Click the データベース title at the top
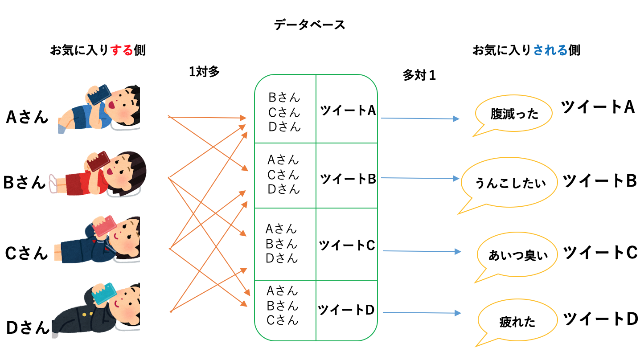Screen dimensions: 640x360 (x=309, y=25)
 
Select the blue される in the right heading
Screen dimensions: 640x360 (x=550, y=50)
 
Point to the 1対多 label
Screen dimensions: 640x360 (x=204, y=71)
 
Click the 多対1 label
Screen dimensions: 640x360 (x=419, y=75)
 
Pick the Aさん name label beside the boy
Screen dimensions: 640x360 (x=27, y=117)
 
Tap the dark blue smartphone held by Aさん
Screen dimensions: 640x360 (x=99, y=94)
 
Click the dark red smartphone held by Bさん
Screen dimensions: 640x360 (x=98, y=161)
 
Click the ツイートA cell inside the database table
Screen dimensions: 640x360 (x=348, y=110)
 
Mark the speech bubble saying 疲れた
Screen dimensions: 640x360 (x=517, y=322)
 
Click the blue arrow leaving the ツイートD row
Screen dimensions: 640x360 (x=422, y=313)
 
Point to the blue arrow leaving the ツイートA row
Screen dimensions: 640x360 (x=420, y=118)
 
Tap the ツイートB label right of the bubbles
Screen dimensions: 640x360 (x=600, y=181)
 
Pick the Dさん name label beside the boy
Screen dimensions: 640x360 (x=28, y=327)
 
